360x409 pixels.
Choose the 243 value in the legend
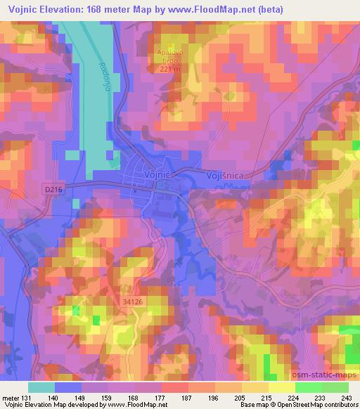(345, 398)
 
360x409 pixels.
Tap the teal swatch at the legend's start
(41, 387)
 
